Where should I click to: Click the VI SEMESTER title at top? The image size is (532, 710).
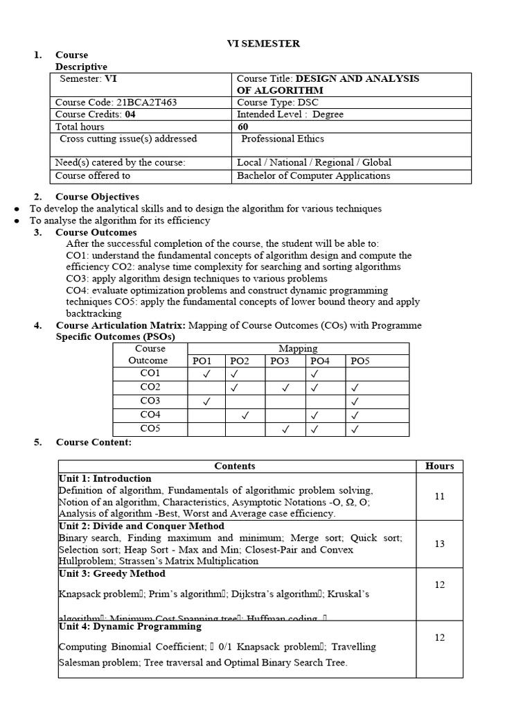click(x=264, y=44)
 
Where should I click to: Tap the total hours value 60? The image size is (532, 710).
click(x=242, y=127)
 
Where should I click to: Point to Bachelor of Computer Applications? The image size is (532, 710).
click(x=313, y=175)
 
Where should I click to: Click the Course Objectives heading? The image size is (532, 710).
click(x=97, y=197)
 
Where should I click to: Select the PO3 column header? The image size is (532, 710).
click(x=280, y=361)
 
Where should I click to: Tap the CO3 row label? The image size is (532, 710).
click(x=150, y=401)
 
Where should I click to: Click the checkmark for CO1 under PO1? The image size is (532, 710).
click(x=206, y=374)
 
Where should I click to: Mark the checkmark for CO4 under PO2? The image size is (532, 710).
click(x=245, y=416)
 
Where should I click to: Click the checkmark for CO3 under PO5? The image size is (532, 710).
click(x=355, y=402)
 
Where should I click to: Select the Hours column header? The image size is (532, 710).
click(x=439, y=466)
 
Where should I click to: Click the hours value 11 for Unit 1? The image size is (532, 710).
click(x=439, y=496)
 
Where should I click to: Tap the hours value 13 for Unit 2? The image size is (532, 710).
click(x=439, y=544)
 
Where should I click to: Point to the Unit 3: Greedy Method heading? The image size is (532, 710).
click(x=112, y=573)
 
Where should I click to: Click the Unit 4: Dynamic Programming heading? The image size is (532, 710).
click(x=130, y=626)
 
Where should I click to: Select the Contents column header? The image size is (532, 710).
click(x=235, y=466)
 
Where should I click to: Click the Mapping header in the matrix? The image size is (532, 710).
click(x=298, y=349)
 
